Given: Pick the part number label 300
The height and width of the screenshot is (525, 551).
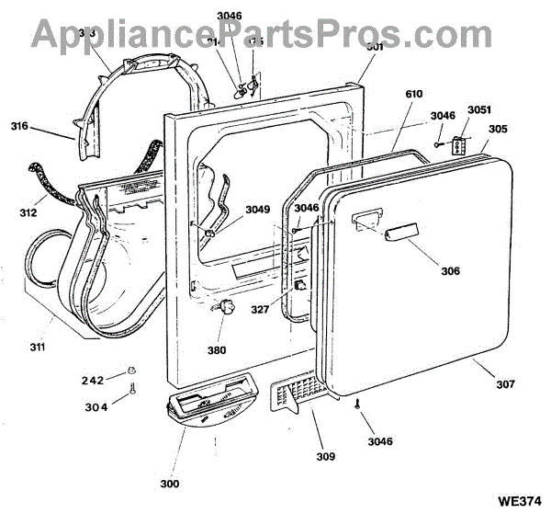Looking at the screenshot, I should pos(168,484).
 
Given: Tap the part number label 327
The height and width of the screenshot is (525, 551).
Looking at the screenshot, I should pos(261,310).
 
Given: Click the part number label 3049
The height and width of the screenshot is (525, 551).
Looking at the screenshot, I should pos(258,209).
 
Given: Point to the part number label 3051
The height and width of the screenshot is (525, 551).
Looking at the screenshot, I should pos(479,109).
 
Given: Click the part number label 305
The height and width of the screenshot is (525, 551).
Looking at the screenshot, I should pos(497,130).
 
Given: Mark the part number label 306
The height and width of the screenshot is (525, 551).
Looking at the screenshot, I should pos(449,271).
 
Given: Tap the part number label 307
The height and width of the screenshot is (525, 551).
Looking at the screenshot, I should pos(504,383).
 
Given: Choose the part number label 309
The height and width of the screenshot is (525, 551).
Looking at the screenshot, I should pos(326,456).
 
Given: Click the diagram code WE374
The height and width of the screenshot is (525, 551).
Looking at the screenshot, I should pos(519,501).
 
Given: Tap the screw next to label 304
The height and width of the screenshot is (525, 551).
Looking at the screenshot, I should pos(132,391).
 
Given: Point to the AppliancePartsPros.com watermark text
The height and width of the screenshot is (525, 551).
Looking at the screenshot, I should pos(249,34).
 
